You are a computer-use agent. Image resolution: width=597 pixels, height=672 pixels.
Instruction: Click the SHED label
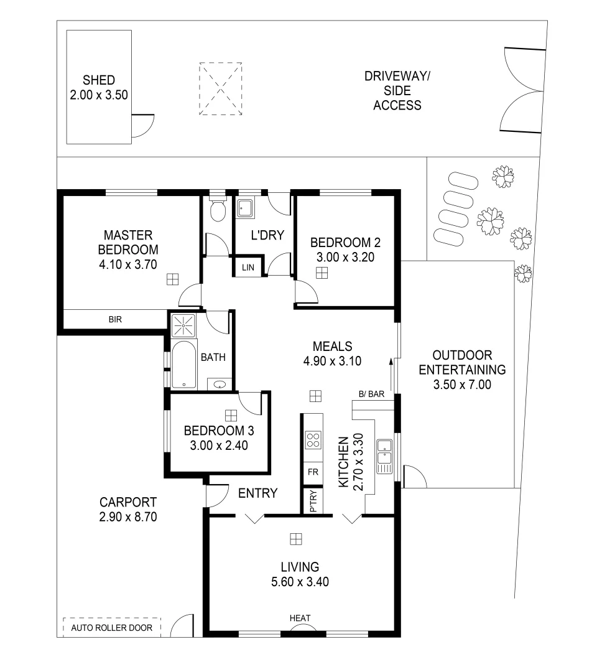[x=99, y=80]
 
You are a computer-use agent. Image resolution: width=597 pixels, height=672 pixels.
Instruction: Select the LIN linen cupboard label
[x=248, y=268]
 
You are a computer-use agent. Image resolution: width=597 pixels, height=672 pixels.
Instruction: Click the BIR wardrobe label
[x=115, y=319]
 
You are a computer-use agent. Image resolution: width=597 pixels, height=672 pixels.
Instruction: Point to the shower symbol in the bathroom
[x=183, y=325]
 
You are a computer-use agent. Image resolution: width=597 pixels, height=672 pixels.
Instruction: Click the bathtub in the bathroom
[x=184, y=365]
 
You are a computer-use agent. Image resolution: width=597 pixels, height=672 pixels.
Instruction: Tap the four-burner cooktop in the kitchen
[x=313, y=440]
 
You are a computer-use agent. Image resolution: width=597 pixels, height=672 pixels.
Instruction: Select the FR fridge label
[x=313, y=472]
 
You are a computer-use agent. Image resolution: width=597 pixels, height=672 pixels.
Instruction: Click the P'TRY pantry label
[x=313, y=501]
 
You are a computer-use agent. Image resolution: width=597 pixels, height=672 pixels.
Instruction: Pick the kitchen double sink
[x=384, y=457]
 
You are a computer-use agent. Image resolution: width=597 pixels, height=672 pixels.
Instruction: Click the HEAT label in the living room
[x=300, y=618]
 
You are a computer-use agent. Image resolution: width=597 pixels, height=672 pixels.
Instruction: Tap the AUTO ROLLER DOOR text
[x=112, y=628]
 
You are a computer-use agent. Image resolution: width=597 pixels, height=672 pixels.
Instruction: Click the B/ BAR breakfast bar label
[x=371, y=394]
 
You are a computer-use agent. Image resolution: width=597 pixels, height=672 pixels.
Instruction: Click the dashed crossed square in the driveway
[x=221, y=89]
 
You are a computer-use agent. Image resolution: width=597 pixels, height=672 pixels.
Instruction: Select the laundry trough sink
[x=245, y=208]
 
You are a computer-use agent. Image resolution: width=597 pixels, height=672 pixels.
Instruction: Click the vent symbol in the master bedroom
[x=173, y=279]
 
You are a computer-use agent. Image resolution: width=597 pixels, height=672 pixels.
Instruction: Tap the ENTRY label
[x=258, y=493]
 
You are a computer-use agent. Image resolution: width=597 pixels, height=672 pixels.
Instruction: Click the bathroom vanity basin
[x=220, y=384]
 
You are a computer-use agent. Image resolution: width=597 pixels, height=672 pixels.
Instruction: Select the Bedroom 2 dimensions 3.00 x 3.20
[x=345, y=257]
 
